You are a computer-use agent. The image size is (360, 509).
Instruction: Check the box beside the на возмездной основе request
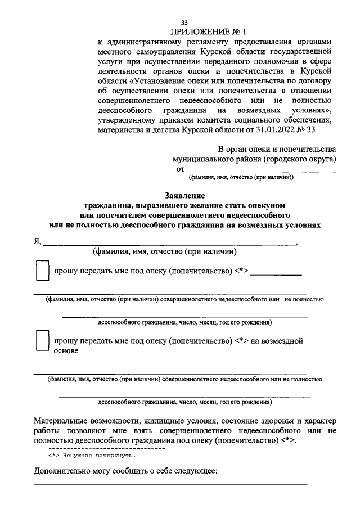pyautogui.click(x=42, y=341)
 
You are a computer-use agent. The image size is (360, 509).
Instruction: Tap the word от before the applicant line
pyautogui.click(x=180, y=169)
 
